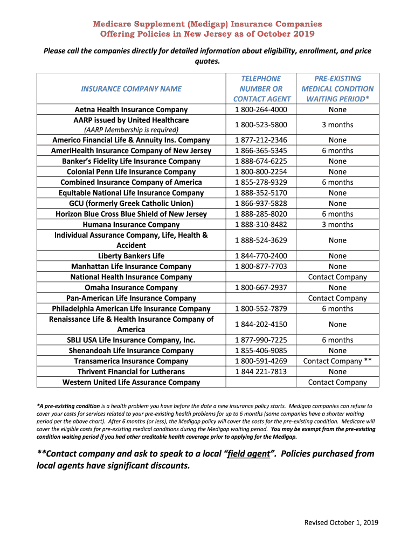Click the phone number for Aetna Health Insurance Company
(x=261, y=109)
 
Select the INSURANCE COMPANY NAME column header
(x=131, y=88)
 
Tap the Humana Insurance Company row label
(x=131, y=224)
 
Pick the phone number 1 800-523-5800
(x=261, y=125)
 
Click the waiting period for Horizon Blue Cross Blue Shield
(x=337, y=214)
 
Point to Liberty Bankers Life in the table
(x=131, y=256)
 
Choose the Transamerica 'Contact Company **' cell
(x=337, y=361)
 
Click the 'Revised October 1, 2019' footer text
(x=341, y=522)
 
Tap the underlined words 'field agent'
(x=248, y=453)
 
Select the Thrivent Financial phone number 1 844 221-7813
(x=261, y=371)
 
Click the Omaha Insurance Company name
(x=131, y=287)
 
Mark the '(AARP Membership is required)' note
(x=131, y=130)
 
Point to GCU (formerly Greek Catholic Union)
(x=131, y=203)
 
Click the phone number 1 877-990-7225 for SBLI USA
(x=261, y=340)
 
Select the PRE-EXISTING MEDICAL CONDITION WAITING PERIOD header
(x=337, y=88)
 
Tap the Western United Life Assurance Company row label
(x=131, y=382)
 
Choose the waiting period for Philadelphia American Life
(x=337, y=308)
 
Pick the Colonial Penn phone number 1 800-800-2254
(x=261, y=172)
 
